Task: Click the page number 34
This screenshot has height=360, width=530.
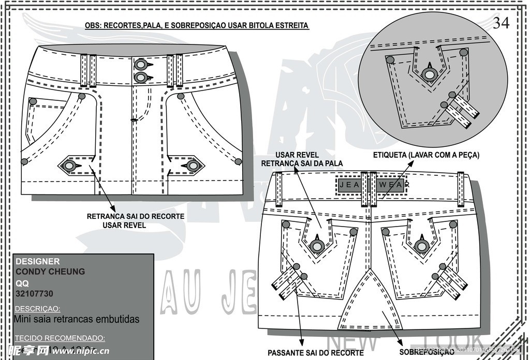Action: (501, 23)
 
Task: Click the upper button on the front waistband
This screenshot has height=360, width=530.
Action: (140, 65)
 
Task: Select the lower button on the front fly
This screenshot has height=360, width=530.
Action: (140, 78)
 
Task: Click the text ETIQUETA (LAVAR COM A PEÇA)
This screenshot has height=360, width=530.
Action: (426, 155)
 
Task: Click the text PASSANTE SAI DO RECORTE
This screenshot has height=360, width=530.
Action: (315, 352)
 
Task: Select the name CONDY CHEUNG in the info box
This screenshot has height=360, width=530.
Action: (50, 272)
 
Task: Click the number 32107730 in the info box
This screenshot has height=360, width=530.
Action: (34, 294)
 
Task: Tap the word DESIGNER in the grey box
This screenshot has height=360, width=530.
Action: (38, 261)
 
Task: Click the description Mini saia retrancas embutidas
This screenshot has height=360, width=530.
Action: (77, 319)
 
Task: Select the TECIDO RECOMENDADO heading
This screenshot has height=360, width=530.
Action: (60, 338)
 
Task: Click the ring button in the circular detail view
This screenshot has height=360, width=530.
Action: (429, 74)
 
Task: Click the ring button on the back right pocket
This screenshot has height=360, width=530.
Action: (421, 246)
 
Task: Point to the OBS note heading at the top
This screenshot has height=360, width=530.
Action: (197, 25)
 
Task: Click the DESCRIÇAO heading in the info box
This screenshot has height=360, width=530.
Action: (38, 308)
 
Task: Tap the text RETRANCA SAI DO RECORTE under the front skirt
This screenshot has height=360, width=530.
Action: (136, 216)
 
